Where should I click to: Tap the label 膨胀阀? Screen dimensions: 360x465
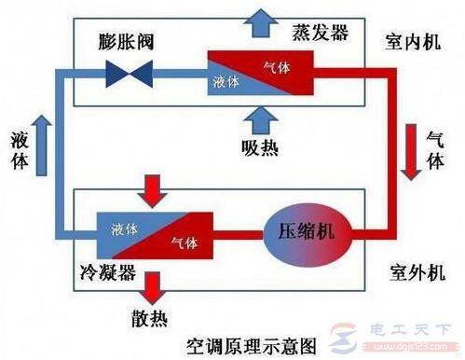pos(127,43)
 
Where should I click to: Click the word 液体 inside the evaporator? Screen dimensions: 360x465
pos(226,82)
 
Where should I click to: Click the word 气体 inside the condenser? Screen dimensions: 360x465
pos(183,242)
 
